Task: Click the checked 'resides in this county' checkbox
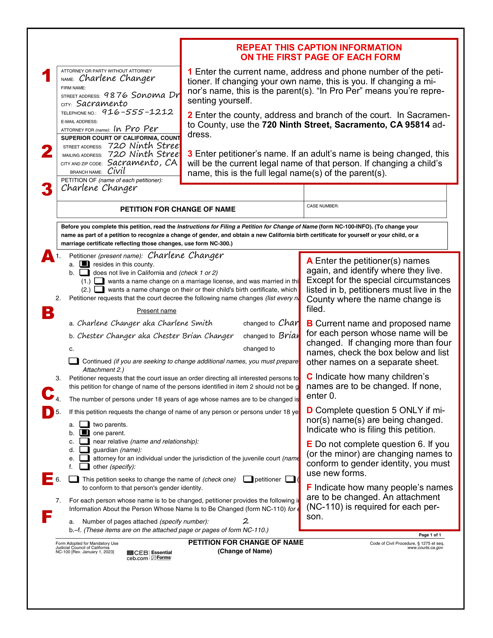(84, 264)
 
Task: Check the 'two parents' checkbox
(84, 424)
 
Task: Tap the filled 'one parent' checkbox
(84, 433)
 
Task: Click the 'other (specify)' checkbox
(84, 467)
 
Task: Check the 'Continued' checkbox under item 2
(74, 361)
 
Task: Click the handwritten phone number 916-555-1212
(137, 112)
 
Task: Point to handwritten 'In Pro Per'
(136, 129)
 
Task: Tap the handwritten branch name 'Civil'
(116, 171)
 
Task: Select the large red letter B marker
(48, 313)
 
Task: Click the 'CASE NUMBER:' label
(322, 206)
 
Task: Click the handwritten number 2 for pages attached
(246, 521)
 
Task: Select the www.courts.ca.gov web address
(425, 548)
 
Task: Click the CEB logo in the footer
(138, 555)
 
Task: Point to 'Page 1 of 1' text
(430, 535)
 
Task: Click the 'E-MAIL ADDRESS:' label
(79, 122)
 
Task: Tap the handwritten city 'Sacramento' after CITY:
(102, 104)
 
